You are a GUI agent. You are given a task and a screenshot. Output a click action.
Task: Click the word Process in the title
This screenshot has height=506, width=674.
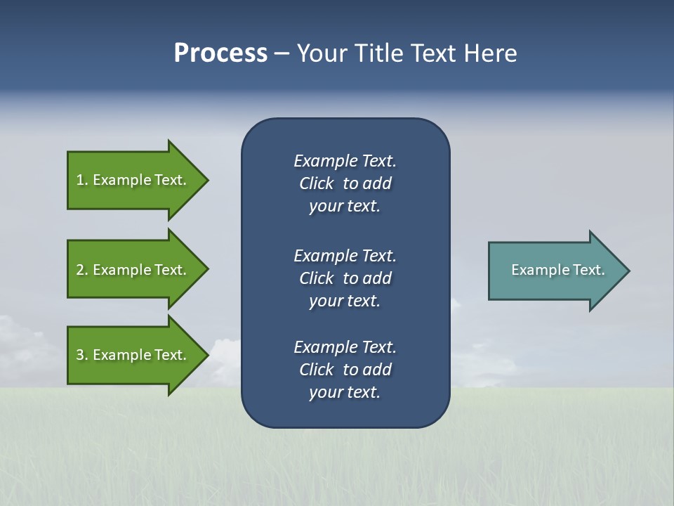[220, 53]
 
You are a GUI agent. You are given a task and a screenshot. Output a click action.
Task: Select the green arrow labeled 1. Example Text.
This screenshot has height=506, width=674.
[133, 180]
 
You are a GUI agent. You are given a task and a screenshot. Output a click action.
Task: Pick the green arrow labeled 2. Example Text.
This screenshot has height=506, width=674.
[133, 270]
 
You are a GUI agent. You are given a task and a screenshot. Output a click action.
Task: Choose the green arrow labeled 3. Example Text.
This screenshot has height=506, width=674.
[133, 355]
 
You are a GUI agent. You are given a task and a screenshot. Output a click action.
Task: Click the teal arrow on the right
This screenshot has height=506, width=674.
[555, 270]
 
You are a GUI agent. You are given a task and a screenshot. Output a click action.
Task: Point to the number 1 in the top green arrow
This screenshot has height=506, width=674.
[80, 180]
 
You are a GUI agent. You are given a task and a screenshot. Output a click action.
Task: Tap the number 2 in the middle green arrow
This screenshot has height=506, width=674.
[80, 270]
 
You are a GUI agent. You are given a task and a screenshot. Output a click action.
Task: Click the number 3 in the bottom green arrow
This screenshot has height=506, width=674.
[80, 355]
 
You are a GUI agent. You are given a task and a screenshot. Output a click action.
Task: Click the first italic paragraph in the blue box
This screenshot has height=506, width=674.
[345, 183]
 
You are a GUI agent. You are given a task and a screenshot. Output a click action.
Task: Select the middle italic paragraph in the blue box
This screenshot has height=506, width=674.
[345, 278]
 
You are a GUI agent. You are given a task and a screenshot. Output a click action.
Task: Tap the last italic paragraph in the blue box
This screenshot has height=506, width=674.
[345, 370]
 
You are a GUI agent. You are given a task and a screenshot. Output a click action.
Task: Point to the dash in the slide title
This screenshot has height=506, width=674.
[282, 53]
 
